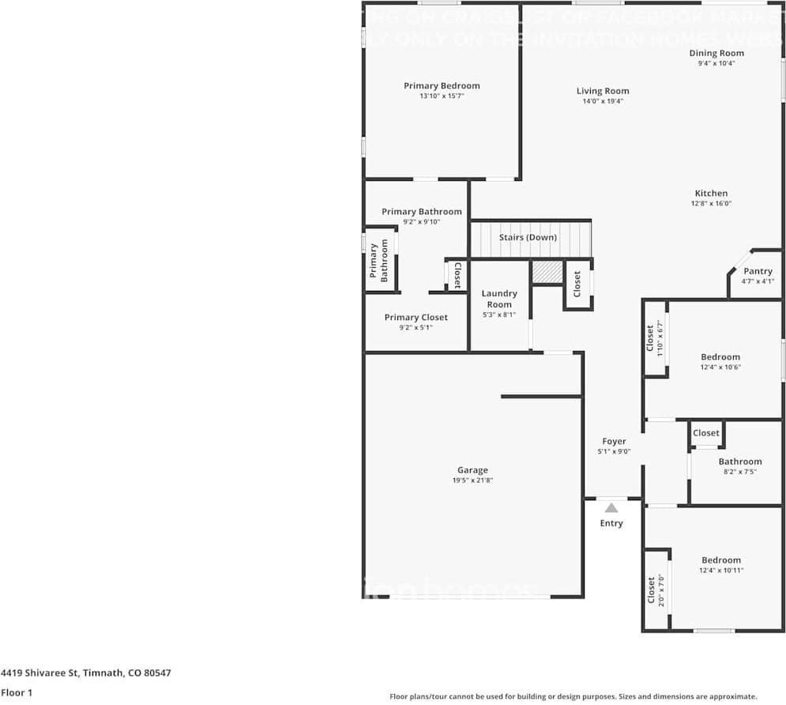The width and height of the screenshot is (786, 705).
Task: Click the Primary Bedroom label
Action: click(x=442, y=86)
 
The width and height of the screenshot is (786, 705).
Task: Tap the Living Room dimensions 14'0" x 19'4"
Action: click(x=603, y=101)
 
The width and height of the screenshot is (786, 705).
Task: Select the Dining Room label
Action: click(x=716, y=54)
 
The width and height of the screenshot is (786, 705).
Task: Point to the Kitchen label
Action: click(x=711, y=194)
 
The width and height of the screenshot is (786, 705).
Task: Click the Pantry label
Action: click(x=758, y=271)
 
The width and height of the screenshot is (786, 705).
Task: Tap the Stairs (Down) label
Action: click(x=528, y=237)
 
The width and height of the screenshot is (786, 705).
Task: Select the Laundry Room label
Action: click(x=499, y=299)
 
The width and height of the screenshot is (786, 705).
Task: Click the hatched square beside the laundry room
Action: click(x=547, y=272)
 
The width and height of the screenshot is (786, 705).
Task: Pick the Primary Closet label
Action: click(x=416, y=318)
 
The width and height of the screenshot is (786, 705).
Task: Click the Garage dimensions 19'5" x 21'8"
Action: click(x=472, y=481)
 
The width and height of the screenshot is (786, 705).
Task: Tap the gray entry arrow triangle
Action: click(x=611, y=508)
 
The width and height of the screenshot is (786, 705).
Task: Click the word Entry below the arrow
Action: click(x=611, y=523)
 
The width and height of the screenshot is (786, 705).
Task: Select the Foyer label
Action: click(x=614, y=442)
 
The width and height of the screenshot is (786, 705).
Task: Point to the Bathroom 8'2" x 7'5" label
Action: click(x=739, y=462)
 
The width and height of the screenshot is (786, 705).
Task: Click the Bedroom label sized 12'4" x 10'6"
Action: click(x=720, y=357)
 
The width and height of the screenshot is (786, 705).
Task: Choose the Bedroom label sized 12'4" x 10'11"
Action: click(x=721, y=560)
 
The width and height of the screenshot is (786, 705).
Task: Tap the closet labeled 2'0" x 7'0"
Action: click(x=656, y=590)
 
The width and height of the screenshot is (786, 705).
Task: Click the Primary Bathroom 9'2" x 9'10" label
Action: click(x=421, y=212)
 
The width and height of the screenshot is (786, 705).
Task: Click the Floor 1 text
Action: click(x=17, y=693)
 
